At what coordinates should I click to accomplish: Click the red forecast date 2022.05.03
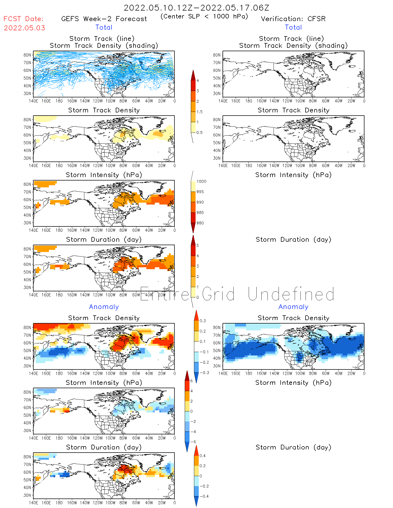tap(24, 28)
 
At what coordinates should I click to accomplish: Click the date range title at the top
tap(196, 8)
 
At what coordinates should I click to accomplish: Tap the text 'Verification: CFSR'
tap(293, 19)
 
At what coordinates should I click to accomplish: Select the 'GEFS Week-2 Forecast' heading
tap(104, 19)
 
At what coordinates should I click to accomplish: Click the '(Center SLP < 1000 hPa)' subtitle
tap(204, 16)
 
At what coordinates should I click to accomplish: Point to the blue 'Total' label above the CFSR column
tap(293, 27)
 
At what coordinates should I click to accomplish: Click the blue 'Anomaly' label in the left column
tap(104, 307)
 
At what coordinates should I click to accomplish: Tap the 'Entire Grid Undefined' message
tap(237, 294)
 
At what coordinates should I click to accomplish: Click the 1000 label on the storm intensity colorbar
tap(201, 182)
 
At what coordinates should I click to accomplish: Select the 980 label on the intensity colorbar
tap(200, 223)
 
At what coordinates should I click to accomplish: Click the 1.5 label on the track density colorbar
tap(199, 112)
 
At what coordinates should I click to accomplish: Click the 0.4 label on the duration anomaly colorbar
tap(202, 455)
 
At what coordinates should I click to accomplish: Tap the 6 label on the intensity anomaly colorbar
tap(191, 381)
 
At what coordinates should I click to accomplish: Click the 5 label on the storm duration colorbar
tap(197, 245)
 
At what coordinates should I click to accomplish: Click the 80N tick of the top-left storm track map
tap(27, 55)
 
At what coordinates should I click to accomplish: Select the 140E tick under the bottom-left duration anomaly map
tap(33, 503)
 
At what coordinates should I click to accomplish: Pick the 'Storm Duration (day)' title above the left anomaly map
tap(104, 447)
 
